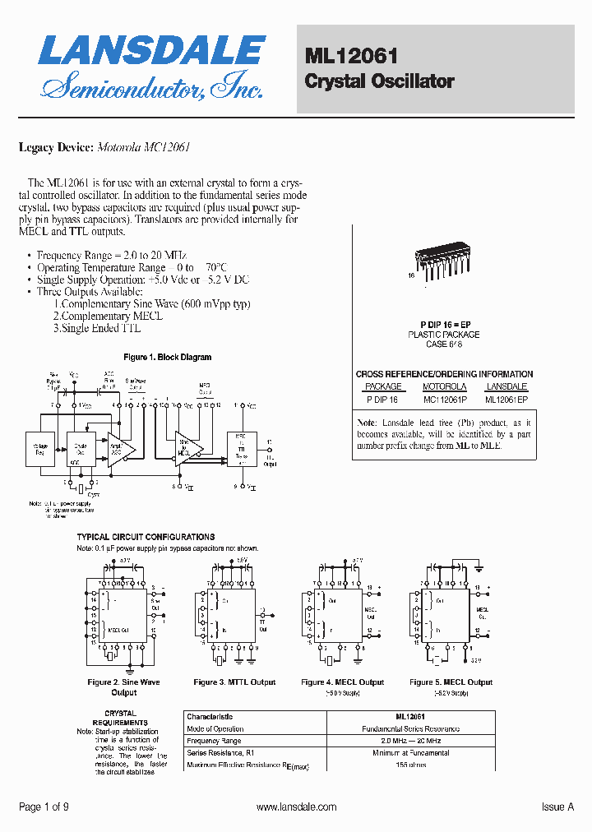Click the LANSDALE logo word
pyautogui.click(x=151, y=52)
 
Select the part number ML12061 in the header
pyautogui.click(x=351, y=56)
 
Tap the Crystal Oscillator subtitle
pyautogui.click(x=379, y=81)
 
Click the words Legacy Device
pyautogui.click(x=55, y=148)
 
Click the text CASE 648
pyautogui.click(x=444, y=344)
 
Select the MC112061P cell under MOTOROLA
pyautogui.click(x=444, y=399)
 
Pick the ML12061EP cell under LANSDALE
pyautogui.click(x=506, y=399)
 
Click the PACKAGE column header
pyautogui.click(x=383, y=386)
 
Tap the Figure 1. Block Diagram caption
pyautogui.click(x=167, y=357)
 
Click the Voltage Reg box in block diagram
pyautogui.click(x=39, y=449)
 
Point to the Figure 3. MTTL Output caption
pyautogui.click(x=234, y=682)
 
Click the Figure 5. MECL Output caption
pyautogui.click(x=451, y=682)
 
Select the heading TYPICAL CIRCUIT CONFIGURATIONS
pyautogui.click(x=146, y=537)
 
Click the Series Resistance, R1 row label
pyautogui.click(x=220, y=753)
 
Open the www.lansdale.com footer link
pyautogui.click(x=296, y=807)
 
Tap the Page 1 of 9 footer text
pyautogui.click(x=44, y=807)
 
